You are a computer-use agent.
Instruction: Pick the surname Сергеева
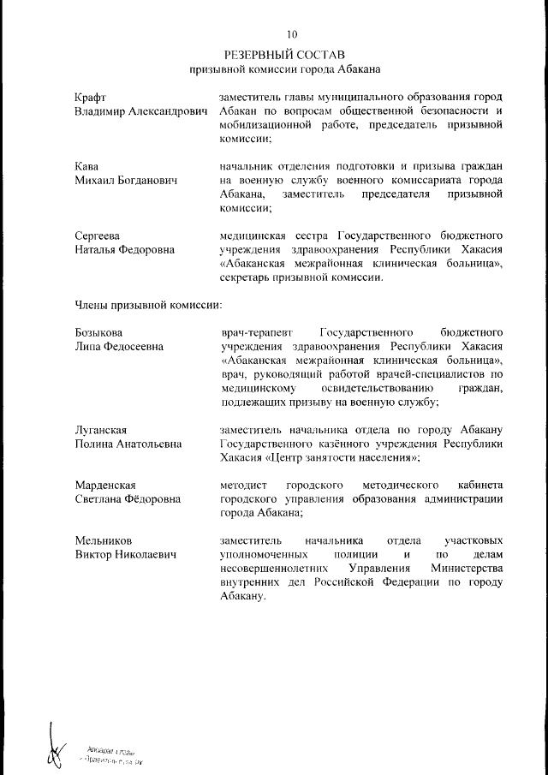pyautogui.click(x=97, y=235)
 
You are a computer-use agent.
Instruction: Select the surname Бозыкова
pyautogui.click(x=98, y=332)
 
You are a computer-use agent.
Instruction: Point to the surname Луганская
pyautogui.click(x=101, y=429)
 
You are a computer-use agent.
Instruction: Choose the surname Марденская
pyautogui.click(x=105, y=486)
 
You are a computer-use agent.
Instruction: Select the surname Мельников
pyautogui.click(x=104, y=541)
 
